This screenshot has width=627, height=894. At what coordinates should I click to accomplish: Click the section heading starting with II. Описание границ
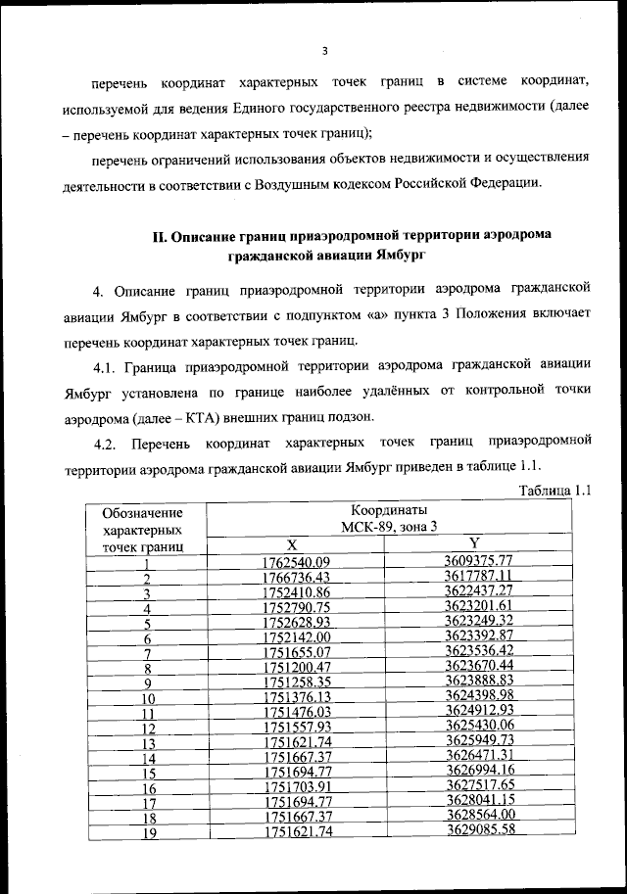[x=352, y=245]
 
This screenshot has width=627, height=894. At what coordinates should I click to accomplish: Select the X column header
[x=297, y=544]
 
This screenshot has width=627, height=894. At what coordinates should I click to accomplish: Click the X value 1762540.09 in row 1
[x=297, y=562]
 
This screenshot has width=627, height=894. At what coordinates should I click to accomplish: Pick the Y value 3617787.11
[x=479, y=578]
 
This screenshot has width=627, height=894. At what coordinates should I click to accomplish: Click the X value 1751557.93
[x=297, y=729]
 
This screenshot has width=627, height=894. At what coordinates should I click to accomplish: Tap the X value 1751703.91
[x=297, y=788]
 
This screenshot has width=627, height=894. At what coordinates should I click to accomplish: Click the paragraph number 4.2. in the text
[x=110, y=445]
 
